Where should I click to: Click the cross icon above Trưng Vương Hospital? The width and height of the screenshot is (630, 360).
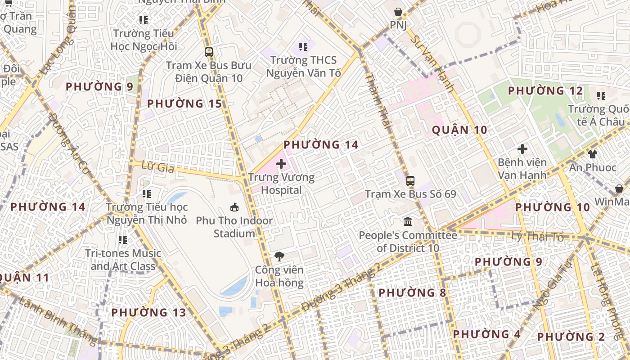pos(281,163)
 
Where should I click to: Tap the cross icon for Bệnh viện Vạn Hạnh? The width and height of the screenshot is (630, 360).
pos(522,148)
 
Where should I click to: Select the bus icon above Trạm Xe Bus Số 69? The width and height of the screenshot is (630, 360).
pos(410,181)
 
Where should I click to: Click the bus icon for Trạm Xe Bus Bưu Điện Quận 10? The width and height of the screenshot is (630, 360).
pos(209,52)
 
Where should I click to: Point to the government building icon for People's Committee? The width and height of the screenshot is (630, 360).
pos(408,221)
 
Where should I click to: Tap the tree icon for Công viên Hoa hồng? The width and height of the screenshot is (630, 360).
pos(279,256)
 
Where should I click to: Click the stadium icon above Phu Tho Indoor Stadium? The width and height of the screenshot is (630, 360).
pos(234,207)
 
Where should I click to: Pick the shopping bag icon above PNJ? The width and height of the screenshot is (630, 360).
pos(398,12)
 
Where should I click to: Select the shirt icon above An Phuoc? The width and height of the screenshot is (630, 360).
pos(592,154)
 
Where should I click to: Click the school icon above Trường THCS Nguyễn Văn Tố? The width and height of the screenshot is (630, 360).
pos(303,46)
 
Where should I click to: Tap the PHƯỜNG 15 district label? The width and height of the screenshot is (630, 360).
pos(184,104)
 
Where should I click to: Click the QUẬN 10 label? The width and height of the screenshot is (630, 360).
pos(459,130)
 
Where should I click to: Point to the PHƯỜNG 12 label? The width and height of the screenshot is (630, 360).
pos(545,91)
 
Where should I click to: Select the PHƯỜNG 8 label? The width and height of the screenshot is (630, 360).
pos(412,293)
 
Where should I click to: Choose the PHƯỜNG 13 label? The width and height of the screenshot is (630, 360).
pos(148,312)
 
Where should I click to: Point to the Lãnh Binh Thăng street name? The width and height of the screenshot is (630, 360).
pos(58,319)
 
